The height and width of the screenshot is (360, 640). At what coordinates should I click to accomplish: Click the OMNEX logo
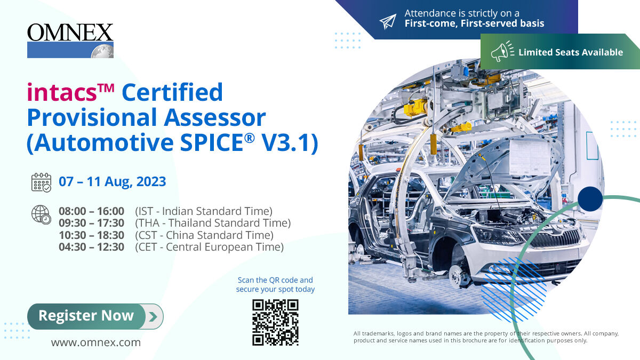click(70, 40)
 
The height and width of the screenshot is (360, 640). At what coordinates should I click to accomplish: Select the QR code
click(275, 322)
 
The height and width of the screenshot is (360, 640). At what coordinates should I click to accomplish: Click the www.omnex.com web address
click(96, 342)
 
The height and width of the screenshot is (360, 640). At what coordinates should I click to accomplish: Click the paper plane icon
click(388, 21)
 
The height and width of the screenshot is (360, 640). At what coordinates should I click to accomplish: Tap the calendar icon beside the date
click(41, 182)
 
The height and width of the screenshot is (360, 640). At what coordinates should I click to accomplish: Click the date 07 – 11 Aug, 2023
click(113, 181)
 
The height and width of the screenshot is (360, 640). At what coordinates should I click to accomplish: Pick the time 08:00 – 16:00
click(91, 211)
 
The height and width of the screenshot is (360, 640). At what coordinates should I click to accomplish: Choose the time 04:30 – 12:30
click(91, 247)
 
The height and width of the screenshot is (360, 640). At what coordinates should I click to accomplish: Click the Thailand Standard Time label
click(213, 223)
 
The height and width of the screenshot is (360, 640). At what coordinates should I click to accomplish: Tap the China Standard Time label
click(204, 235)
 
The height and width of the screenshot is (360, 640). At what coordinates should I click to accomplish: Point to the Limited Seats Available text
click(571, 52)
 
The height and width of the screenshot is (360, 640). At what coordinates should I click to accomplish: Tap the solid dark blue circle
click(590, 199)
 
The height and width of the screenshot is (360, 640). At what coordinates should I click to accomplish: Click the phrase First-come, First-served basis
click(474, 23)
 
